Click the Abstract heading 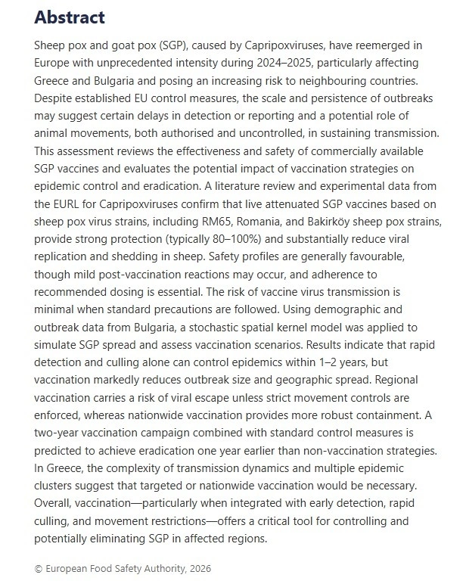tap(70, 17)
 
